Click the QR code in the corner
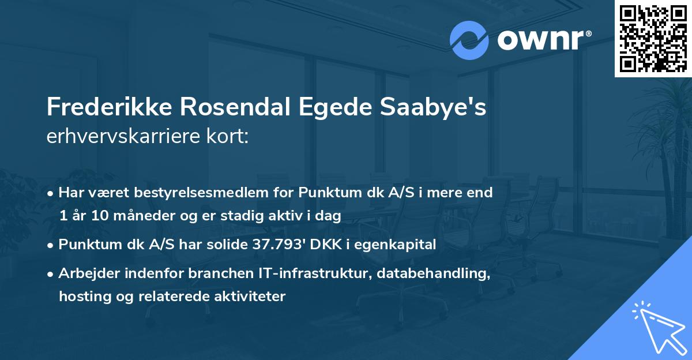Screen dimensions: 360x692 tap(653, 38)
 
